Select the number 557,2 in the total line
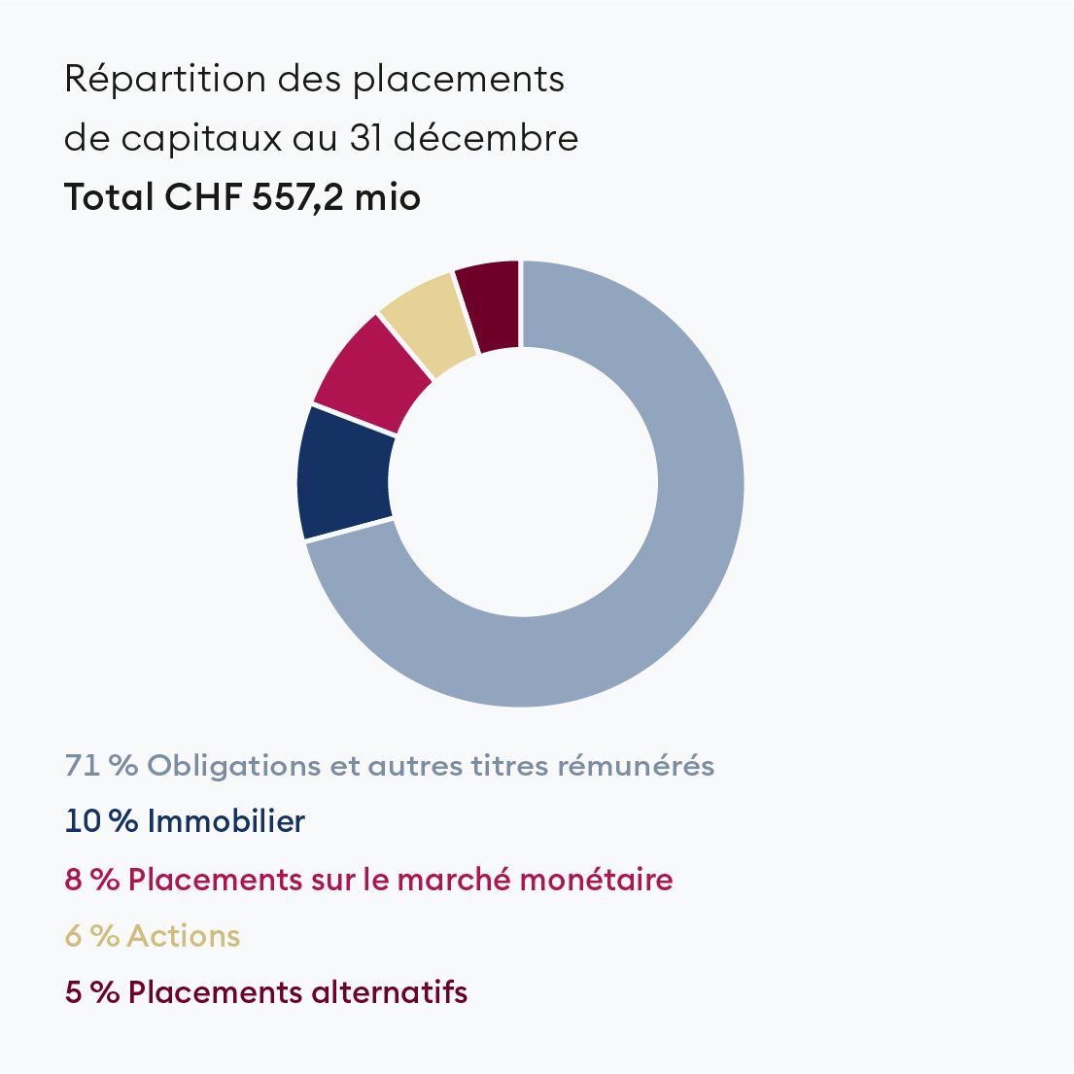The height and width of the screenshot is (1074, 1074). coord(297,197)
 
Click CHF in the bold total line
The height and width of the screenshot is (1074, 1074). coord(201,197)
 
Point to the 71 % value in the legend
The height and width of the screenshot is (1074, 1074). coord(100,766)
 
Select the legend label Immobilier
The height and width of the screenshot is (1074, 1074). coord(225,822)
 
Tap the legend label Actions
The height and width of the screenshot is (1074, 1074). coord(183,936)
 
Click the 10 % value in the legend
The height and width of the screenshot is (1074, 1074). coord(100,822)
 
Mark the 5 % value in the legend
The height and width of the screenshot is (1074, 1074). coord(91,992)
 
